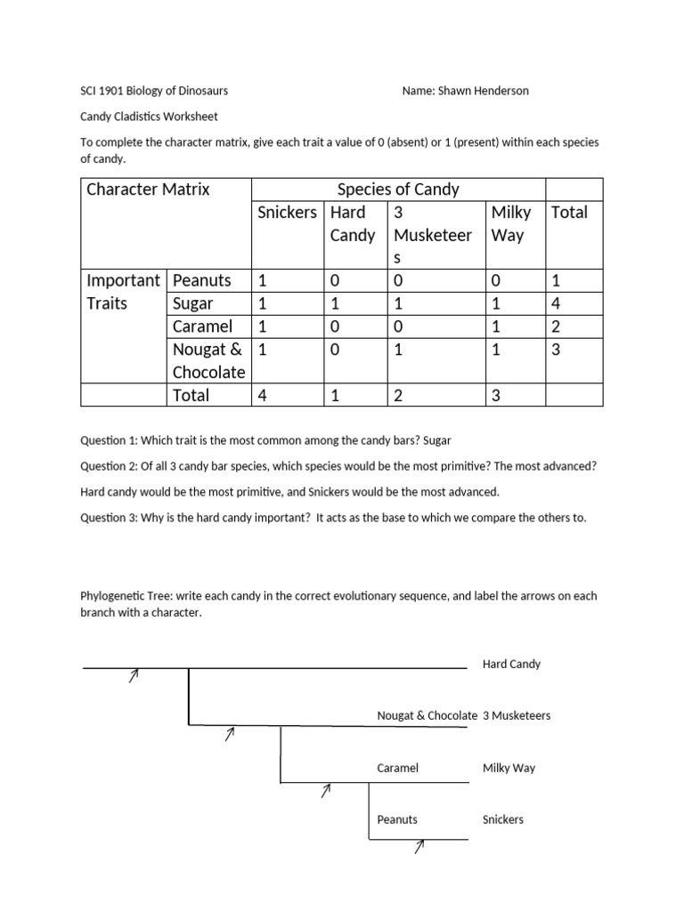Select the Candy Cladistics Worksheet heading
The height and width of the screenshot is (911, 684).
[x=149, y=116]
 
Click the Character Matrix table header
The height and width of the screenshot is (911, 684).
[x=148, y=189]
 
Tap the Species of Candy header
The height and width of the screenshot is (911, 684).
[x=398, y=189]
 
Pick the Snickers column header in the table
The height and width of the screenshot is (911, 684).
[x=287, y=212]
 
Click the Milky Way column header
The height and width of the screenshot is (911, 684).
[x=511, y=223]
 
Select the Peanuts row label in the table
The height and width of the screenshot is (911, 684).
[x=202, y=280]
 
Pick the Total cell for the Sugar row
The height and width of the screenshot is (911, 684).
[x=557, y=303]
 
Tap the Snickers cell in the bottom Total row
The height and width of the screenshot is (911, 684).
[x=264, y=395]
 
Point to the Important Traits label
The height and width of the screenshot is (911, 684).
[x=123, y=292]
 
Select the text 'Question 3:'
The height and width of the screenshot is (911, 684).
[x=109, y=518]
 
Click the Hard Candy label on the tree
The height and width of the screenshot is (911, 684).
[x=511, y=664]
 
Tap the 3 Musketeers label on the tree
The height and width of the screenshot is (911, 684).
[x=517, y=715]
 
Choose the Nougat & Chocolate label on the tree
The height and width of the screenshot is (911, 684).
[x=427, y=715]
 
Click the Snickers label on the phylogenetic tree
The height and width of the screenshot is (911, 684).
[x=502, y=819]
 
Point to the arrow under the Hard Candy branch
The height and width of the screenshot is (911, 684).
[x=134, y=676]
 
